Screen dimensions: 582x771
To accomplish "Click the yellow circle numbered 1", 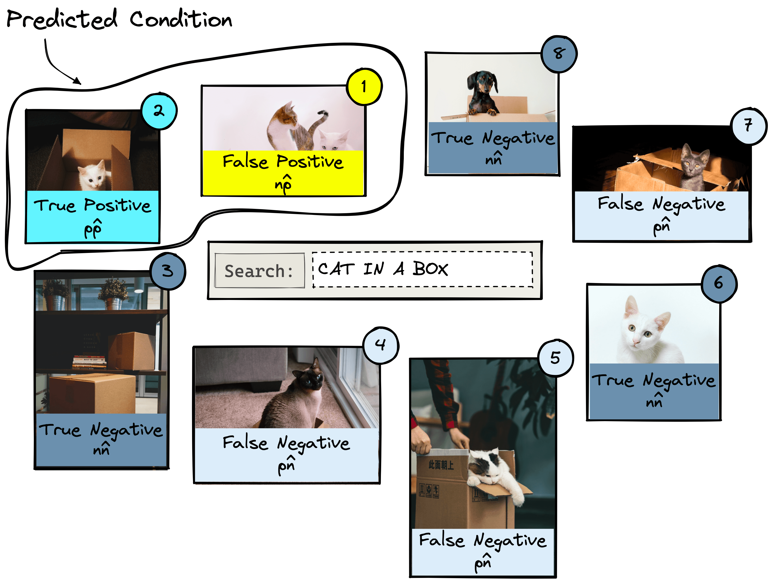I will click(x=364, y=86).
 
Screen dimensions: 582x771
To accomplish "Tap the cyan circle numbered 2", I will click(x=159, y=111).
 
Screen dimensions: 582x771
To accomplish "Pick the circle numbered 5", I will click(x=556, y=358).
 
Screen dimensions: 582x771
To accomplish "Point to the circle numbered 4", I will click(x=381, y=345).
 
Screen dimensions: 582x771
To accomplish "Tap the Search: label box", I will click(x=259, y=271).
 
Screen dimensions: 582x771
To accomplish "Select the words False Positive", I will click(x=283, y=161).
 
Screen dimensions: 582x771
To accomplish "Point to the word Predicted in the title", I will click(x=62, y=19).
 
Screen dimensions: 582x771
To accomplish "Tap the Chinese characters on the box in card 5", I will click(x=441, y=465).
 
